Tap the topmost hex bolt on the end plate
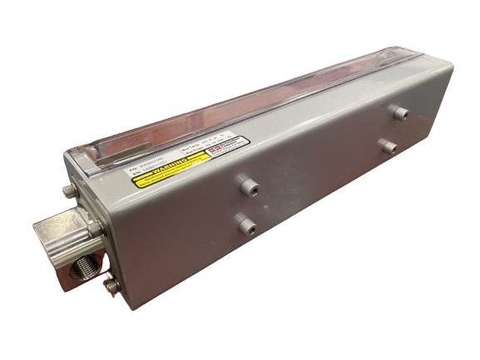coord(71,191)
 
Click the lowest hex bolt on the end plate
coord(111,286)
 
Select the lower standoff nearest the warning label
coord(246,223)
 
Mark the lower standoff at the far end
coord(388,146)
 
